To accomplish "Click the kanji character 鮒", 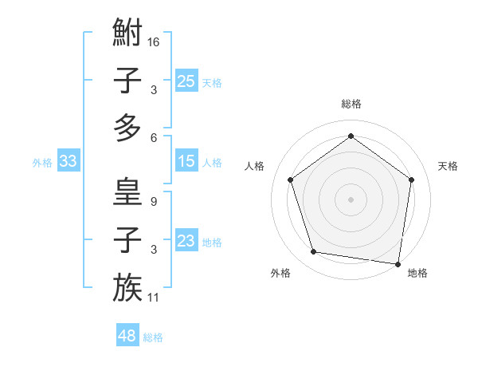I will [x=127, y=34].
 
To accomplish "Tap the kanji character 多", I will [x=127, y=128].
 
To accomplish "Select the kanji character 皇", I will [x=127, y=191].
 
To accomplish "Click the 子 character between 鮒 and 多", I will [x=127, y=81].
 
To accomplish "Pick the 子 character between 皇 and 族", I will [x=127, y=240].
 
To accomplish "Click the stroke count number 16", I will [x=154, y=41].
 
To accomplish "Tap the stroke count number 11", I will [x=154, y=298].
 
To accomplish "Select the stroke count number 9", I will [x=153, y=201].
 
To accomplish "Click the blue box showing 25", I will [x=186, y=81].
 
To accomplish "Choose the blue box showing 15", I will [x=186, y=162].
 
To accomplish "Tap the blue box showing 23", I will [x=186, y=242].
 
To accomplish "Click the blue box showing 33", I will [x=68, y=162].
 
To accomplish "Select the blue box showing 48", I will [x=127, y=336].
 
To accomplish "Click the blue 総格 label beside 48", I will [x=153, y=337].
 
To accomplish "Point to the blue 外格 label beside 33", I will [x=42, y=163].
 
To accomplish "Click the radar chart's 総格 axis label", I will [x=351, y=104].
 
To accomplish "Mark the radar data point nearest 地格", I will [x=398, y=263].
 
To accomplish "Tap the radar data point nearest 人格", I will [x=291, y=180].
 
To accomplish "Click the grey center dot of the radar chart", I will [x=351, y=199].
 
